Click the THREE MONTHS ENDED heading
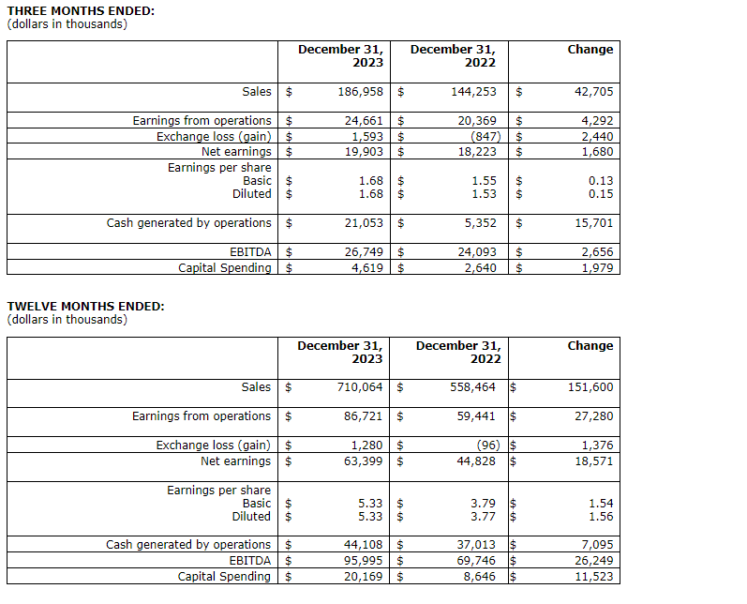(82, 10)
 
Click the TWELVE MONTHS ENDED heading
(85, 307)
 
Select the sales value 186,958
(360, 92)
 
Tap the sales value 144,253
(472, 92)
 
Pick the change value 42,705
(593, 92)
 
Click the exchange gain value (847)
(487, 136)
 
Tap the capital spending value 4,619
(366, 267)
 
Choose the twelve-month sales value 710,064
(360, 387)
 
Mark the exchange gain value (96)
(490, 445)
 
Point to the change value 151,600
(590, 387)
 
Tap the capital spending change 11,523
(593, 576)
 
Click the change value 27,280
(593, 416)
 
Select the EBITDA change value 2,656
(597, 252)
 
